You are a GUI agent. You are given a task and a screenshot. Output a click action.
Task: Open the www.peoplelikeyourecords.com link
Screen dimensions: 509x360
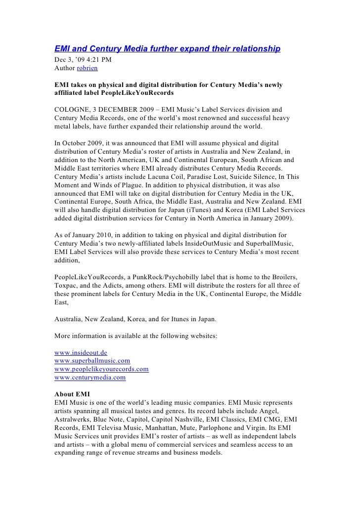point(101,369)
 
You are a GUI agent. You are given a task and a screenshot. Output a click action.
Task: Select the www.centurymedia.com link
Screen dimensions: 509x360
point(90,378)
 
